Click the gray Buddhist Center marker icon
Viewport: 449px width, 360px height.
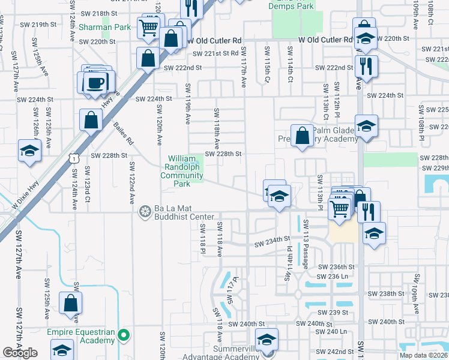145,211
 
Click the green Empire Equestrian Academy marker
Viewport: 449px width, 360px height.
124,335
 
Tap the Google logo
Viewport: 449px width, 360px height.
20,353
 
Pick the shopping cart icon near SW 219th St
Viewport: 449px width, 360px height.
148,26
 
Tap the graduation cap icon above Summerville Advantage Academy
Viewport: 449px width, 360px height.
267,339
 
